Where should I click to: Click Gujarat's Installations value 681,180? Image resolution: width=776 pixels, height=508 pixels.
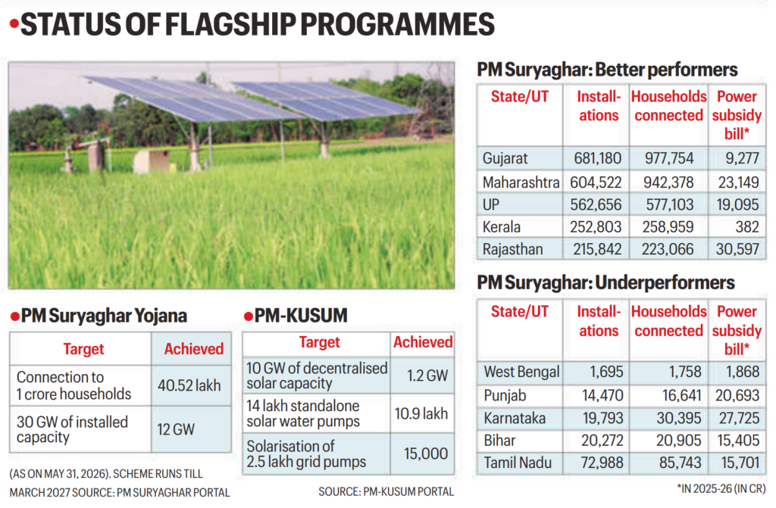click(597, 158)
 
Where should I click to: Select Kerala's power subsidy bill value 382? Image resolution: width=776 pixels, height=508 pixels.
click(746, 226)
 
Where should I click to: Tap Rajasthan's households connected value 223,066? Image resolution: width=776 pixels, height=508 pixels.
click(668, 249)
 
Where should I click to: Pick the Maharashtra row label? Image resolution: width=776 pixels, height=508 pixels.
click(521, 182)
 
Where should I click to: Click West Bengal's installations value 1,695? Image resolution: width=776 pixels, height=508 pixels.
click(606, 372)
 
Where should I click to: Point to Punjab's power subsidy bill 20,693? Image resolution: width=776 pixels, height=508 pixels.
click(737, 395)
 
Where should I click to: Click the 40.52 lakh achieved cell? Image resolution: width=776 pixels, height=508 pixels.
click(189, 385)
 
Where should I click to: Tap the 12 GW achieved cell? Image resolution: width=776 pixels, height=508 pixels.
click(176, 429)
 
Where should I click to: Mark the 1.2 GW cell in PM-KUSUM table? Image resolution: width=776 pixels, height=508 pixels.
click(427, 376)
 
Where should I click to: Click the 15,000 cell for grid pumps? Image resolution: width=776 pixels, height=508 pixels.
click(426, 453)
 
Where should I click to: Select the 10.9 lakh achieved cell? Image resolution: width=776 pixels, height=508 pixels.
click(421, 413)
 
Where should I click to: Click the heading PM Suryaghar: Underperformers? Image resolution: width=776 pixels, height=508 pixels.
click(605, 283)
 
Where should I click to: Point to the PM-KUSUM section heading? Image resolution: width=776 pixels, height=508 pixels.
click(296, 316)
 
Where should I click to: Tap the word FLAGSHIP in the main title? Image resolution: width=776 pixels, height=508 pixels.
click(230, 24)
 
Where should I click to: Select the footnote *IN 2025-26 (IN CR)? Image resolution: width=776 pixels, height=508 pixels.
click(721, 489)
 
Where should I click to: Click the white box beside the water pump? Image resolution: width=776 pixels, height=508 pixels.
click(152, 161)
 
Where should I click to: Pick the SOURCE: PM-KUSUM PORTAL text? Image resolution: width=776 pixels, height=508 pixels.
click(386, 491)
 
